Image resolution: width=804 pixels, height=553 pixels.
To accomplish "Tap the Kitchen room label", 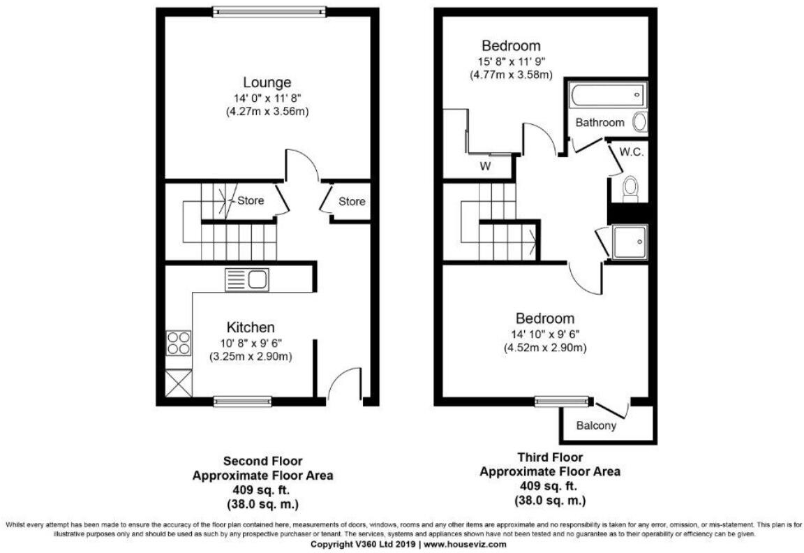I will pos(250,327).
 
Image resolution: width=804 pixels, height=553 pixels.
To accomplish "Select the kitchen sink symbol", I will pos(246,281).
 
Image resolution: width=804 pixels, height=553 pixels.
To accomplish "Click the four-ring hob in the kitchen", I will pos(177,344).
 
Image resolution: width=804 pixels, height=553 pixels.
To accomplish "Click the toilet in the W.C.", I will pos(630,188).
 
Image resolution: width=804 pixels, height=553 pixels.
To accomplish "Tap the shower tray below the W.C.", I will pos(630,241).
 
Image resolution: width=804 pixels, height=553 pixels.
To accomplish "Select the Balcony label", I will pos(596,425).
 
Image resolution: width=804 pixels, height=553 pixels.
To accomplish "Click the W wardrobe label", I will pos(484,166).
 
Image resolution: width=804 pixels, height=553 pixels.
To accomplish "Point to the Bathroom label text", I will pos(600,122).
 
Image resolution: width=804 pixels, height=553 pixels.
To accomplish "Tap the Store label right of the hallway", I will pos(352,202).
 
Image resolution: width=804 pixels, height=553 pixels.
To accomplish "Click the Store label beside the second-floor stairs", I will pos(251,201).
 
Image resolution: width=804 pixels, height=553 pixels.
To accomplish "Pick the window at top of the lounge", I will pos(269,10).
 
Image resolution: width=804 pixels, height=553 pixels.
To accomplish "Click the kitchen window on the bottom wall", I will pos(242,401).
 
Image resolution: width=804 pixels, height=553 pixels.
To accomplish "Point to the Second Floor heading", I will pos(262,461).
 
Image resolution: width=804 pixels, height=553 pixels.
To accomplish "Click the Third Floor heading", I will pos(549,457).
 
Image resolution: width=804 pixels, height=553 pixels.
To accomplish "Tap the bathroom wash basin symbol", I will pos(639,123).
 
